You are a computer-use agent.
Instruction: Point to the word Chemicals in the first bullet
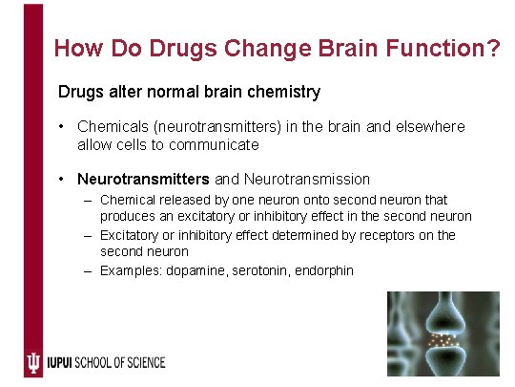click(113, 126)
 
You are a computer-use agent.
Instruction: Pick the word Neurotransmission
click(307, 179)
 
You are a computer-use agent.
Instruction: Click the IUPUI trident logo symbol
click(33, 362)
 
